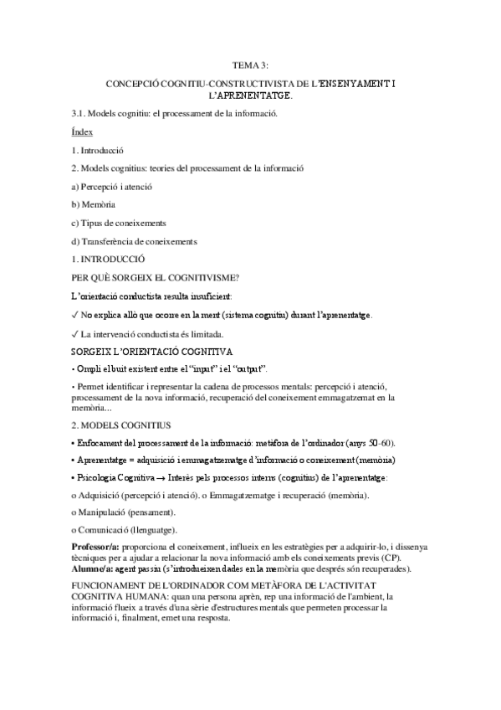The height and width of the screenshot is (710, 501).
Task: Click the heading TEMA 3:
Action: click(x=251, y=64)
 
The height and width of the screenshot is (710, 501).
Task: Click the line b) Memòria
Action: click(x=94, y=204)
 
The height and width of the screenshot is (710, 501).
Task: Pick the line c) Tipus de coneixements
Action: click(x=119, y=223)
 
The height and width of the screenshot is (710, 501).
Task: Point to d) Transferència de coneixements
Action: click(x=134, y=241)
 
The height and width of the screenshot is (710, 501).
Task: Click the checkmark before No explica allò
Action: click(x=75, y=315)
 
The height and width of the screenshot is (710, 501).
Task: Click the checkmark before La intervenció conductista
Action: click(x=75, y=333)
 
